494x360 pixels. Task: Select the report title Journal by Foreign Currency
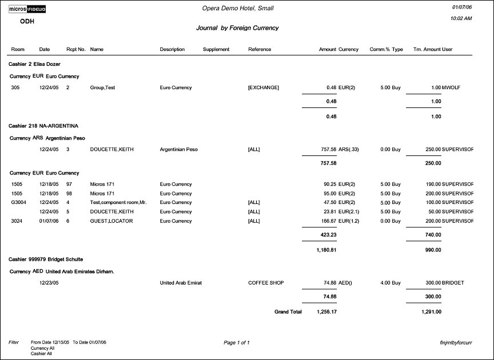click(237, 27)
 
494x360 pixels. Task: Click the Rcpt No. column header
click(76, 50)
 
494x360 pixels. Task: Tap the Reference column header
click(260, 50)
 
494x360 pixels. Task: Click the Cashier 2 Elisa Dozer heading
click(34, 64)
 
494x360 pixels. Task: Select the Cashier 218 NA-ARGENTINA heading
click(43, 125)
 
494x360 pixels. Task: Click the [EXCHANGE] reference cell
click(264, 87)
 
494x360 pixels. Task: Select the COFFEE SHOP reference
click(266, 283)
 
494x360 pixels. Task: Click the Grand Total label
click(288, 312)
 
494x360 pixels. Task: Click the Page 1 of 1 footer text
click(237, 342)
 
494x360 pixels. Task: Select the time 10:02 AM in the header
click(461, 18)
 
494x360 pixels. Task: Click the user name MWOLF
click(452, 87)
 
